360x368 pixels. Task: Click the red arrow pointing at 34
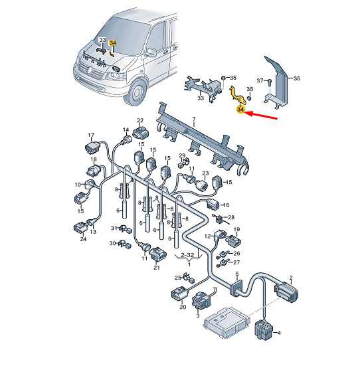(x=261, y=116)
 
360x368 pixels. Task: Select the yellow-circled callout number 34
(x=240, y=110)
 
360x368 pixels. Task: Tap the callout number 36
(x=297, y=78)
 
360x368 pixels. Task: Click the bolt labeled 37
(x=270, y=82)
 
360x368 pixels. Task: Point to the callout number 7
(x=194, y=119)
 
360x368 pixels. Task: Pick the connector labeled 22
(x=141, y=133)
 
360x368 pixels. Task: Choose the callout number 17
(x=91, y=135)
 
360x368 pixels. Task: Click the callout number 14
(x=126, y=130)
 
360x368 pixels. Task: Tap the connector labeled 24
(x=80, y=228)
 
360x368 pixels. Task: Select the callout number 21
(x=157, y=267)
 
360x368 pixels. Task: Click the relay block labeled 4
(x=264, y=329)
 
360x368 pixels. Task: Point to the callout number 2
(x=291, y=278)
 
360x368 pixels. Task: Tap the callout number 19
(x=236, y=229)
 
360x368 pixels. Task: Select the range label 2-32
(x=187, y=254)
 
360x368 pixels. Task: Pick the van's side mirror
(x=151, y=52)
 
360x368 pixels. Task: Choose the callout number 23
(x=205, y=173)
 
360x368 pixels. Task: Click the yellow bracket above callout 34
(x=238, y=95)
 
